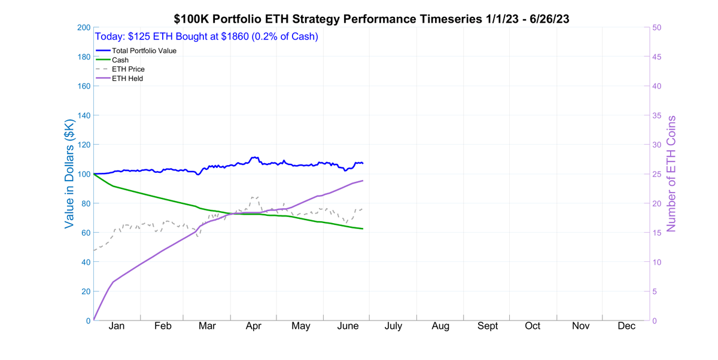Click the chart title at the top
tap(371, 19)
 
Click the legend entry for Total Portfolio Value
tap(144, 51)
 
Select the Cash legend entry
tap(120, 60)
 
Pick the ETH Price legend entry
tap(128, 69)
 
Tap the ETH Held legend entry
tap(127, 78)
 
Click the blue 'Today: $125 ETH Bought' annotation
tap(206, 36)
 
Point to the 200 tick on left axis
tap(83, 28)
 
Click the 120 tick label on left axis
tap(83, 145)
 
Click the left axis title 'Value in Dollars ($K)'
tap(70, 173)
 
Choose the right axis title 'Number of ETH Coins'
tap(671, 173)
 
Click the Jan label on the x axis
tap(117, 326)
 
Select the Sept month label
tap(487, 326)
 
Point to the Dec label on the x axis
tap(626, 326)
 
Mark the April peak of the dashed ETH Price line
tap(254, 197)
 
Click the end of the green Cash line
tap(363, 229)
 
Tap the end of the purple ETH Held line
tap(363, 180)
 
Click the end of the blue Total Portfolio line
tap(363, 163)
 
